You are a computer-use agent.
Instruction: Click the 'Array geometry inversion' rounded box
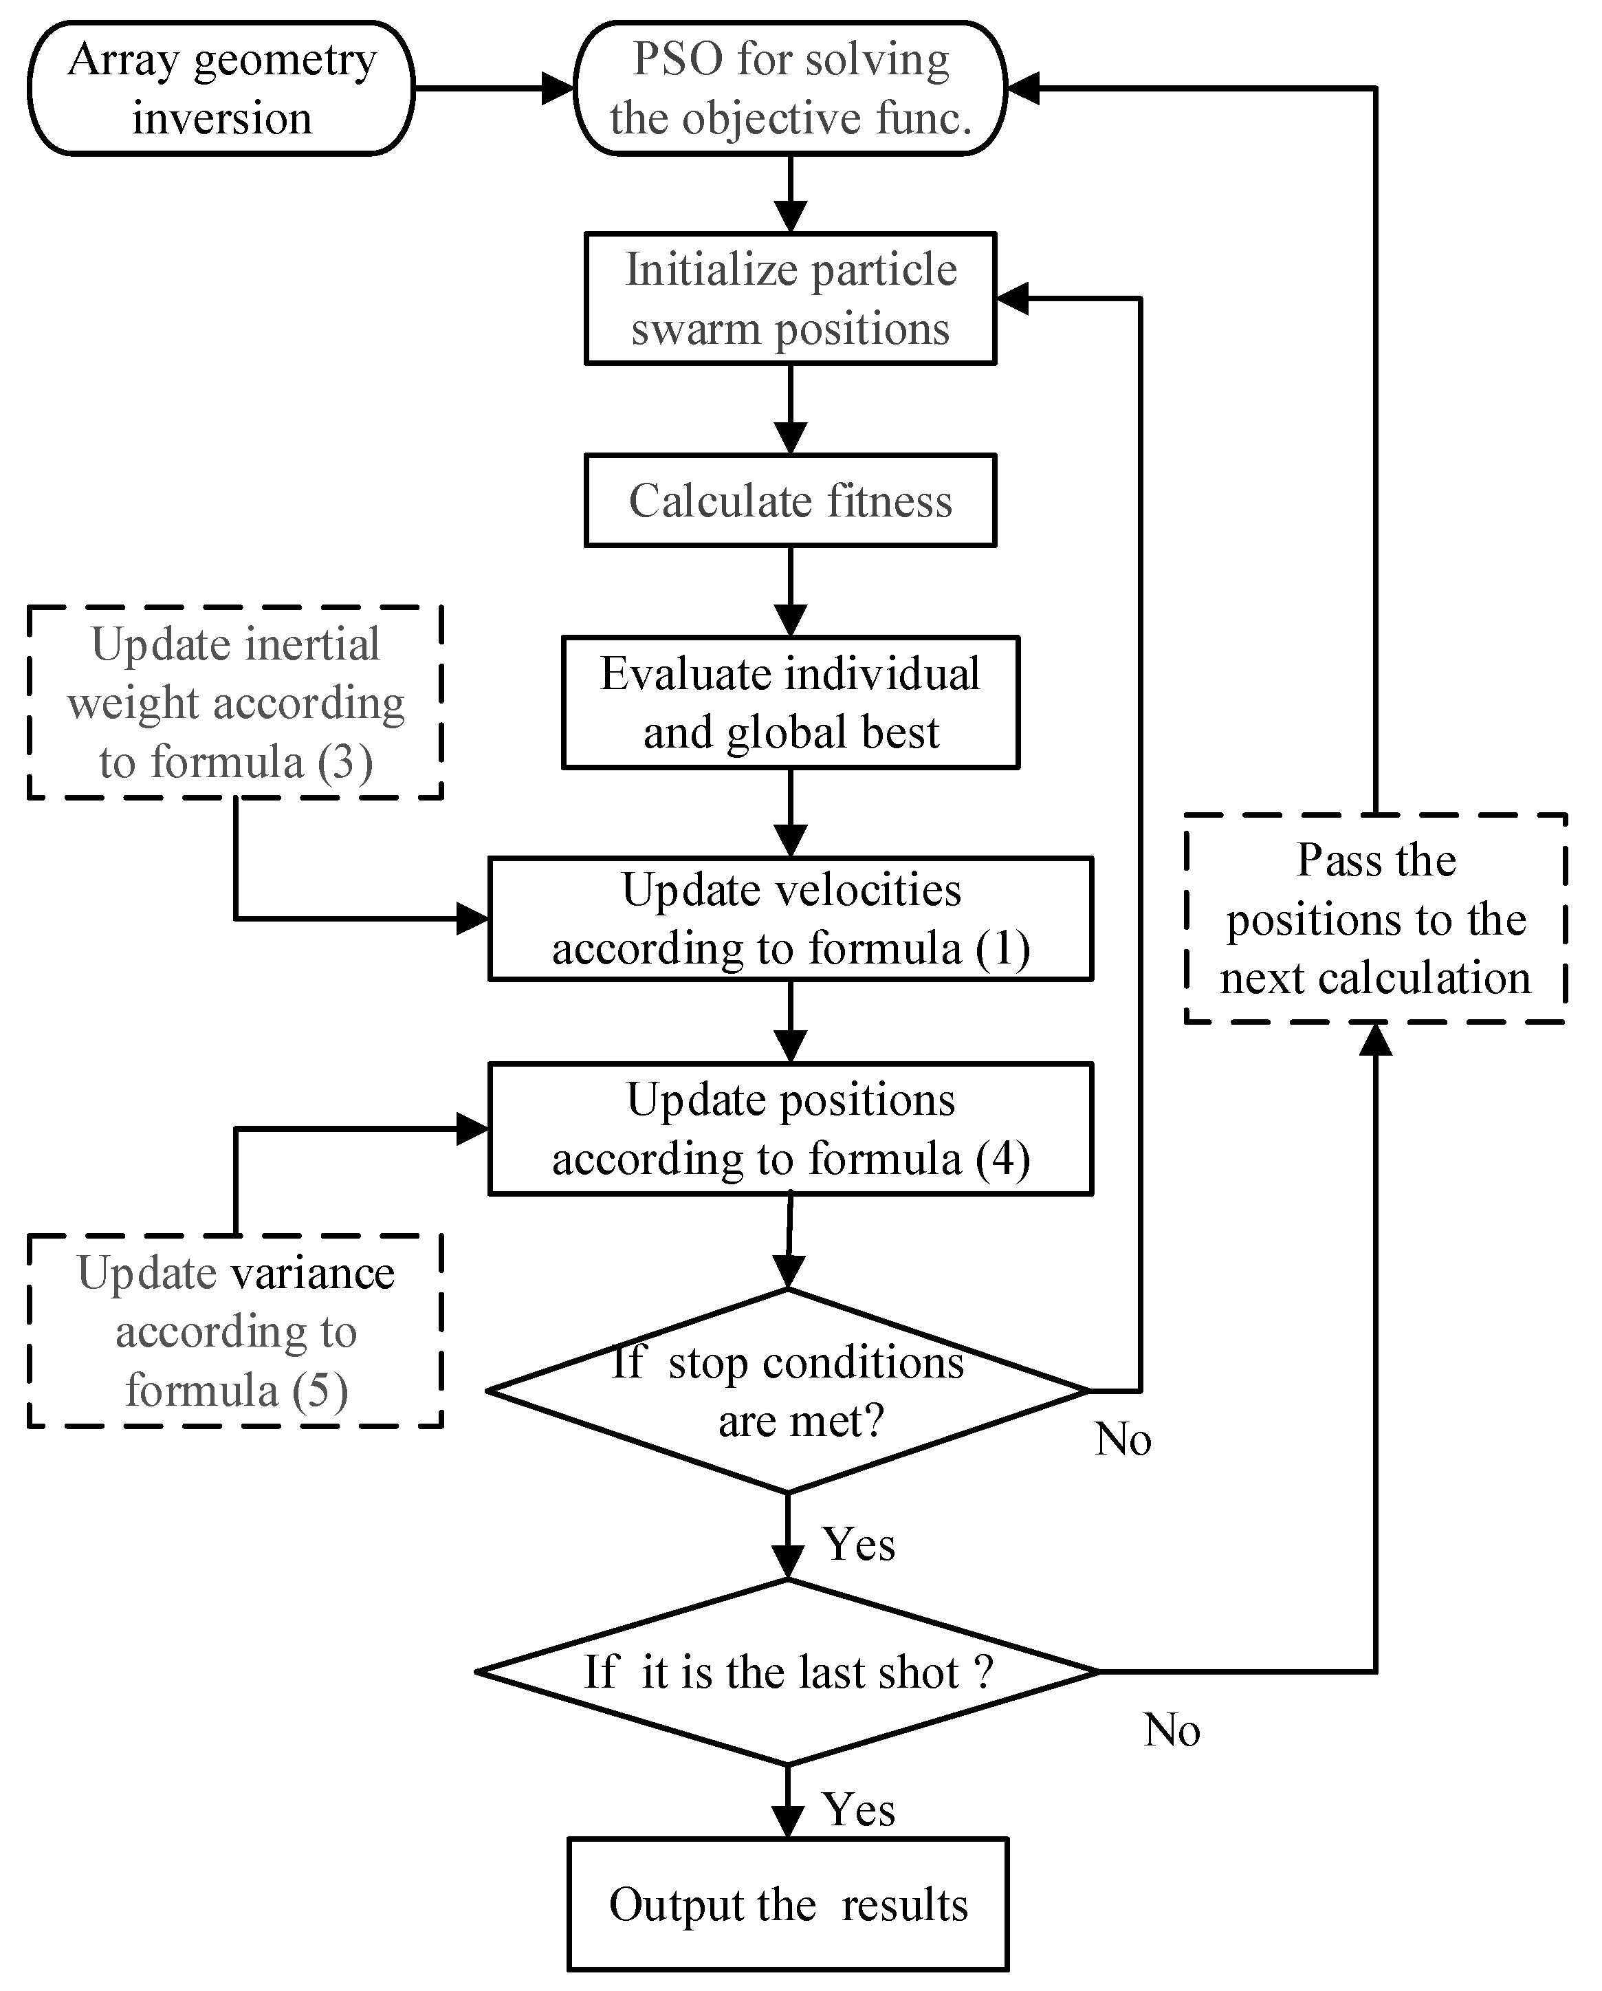[221, 89]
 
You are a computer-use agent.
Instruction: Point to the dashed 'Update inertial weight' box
[235, 703]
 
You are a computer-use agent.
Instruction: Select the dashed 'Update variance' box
[235, 1331]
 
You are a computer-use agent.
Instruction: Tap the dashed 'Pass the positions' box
[1376, 919]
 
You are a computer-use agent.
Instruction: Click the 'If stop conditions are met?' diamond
[788, 1390]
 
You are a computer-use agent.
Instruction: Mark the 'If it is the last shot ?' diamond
[788, 1671]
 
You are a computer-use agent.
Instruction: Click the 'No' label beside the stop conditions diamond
[1123, 1439]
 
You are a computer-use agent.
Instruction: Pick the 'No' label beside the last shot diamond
[1171, 1730]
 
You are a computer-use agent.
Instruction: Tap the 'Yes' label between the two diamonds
[859, 1544]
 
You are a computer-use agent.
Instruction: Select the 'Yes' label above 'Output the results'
[859, 1810]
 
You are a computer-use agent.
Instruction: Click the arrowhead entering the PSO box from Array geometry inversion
[558, 89]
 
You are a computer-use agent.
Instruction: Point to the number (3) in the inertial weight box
[344, 763]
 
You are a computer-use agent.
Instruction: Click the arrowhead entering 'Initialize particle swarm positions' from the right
[1013, 298]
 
